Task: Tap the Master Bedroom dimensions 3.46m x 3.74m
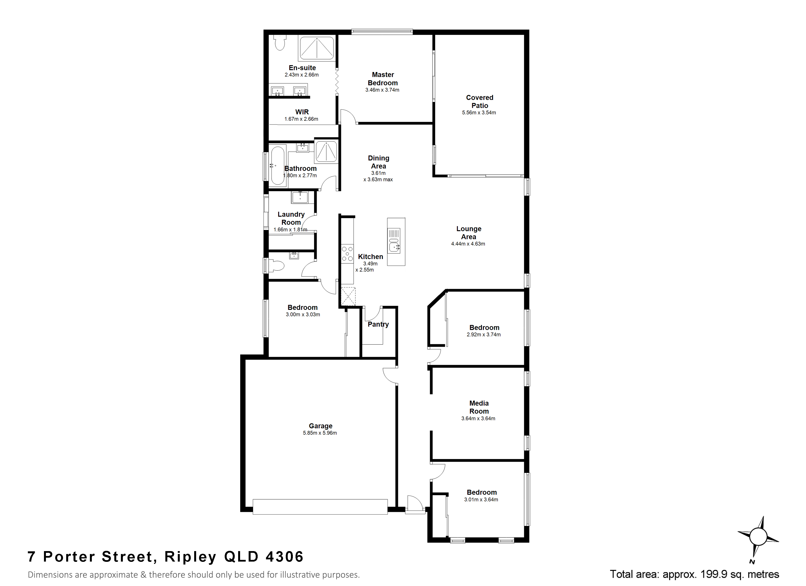pyautogui.click(x=382, y=90)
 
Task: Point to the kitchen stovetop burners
pyautogui.click(x=347, y=254)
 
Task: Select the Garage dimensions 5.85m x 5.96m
pyautogui.click(x=320, y=433)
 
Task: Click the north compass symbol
pyautogui.click(x=758, y=537)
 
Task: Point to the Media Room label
pyautogui.click(x=479, y=407)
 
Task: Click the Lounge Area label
pyautogui.click(x=469, y=233)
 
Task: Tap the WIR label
pyautogui.click(x=302, y=112)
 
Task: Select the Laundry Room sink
pyautogui.click(x=300, y=197)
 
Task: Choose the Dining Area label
pyautogui.click(x=379, y=162)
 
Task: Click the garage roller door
pyautogui.click(x=320, y=507)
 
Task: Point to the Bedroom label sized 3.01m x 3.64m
pyautogui.click(x=482, y=492)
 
